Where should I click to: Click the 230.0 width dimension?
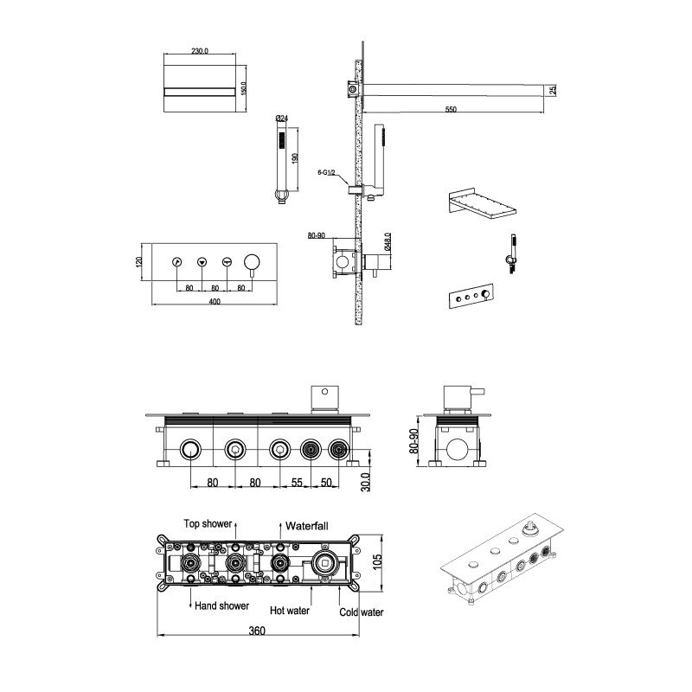[x=200, y=51]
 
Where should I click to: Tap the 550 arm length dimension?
[x=451, y=110]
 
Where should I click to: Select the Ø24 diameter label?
[x=282, y=119]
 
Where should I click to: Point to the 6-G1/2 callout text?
[x=327, y=172]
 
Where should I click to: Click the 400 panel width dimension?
[x=214, y=302]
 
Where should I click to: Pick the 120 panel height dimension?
[x=139, y=262]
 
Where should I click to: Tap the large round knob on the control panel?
[x=252, y=262]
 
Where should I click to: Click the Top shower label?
[x=208, y=524]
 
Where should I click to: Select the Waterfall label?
[x=307, y=526]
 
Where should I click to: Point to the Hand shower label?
[x=221, y=606]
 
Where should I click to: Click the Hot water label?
[x=290, y=611]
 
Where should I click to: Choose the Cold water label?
[x=362, y=612]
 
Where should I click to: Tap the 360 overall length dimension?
[x=257, y=631]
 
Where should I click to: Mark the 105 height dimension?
[x=377, y=561]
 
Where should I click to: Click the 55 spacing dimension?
[x=297, y=483]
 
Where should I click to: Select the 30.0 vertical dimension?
[x=366, y=482]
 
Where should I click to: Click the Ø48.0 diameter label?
[x=388, y=242]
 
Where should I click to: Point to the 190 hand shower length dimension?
[x=295, y=158]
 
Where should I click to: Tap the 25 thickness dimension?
[x=553, y=91]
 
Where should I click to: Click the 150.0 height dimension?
[x=243, y=88]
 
